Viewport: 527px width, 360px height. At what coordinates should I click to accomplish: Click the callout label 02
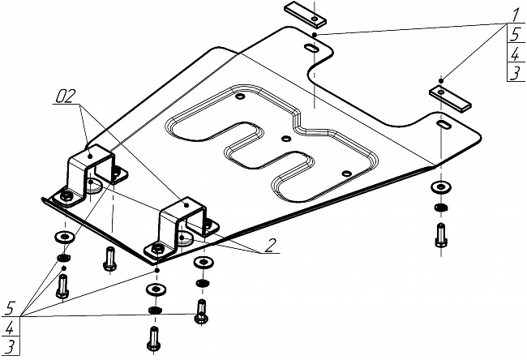point(66,98)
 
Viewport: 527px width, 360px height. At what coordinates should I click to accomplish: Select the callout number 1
point(514,14)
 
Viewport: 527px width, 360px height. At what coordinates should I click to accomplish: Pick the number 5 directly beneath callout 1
point(514,34)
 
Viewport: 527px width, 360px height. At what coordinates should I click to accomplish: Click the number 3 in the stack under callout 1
point(514,74)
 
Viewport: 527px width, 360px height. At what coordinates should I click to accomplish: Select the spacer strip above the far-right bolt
point(452,95)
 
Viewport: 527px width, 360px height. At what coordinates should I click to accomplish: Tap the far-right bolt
point(441,234)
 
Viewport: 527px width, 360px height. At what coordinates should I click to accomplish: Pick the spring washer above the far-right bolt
point(440,209)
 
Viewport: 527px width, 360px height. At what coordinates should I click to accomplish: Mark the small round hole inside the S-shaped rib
point(287,138)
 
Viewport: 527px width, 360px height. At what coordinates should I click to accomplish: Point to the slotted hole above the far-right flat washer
point(445,126)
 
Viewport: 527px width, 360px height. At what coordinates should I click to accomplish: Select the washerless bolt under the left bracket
point(109,259)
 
